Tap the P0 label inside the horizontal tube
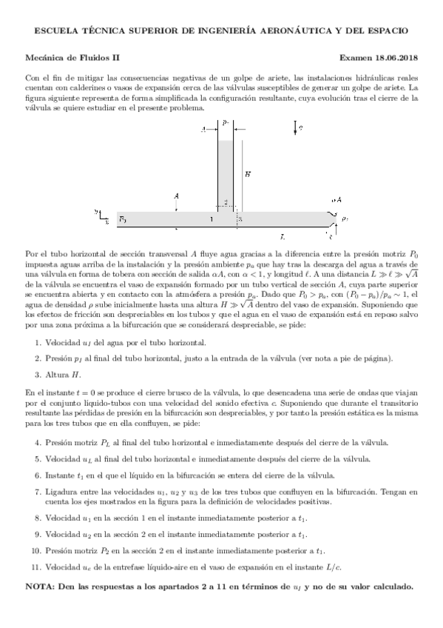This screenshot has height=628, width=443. click(123, 220)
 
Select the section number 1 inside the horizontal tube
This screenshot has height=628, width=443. click(211, 220)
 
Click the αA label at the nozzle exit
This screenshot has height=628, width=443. click(337, 200)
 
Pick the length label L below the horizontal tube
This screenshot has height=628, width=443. click(283, 237)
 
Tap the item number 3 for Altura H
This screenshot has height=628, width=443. click(38, 373)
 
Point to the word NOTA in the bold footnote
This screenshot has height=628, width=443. click(41, 587)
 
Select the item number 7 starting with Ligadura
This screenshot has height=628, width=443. click(38, 491)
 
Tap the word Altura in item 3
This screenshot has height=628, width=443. click(58, 373)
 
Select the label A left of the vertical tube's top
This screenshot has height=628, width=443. click(203, 130)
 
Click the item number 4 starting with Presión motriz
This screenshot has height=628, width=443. click(38, 442)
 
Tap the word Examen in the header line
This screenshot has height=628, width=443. click(356, 57)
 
